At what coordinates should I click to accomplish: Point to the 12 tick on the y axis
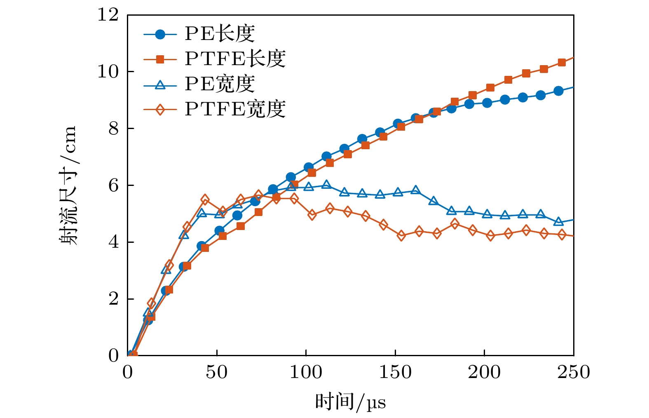[x=108, y=15]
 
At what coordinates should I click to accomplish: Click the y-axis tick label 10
[x=108, y=72]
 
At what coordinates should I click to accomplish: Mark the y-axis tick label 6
[x=113, y=186]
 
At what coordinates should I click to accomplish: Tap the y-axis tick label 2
[x=113, y=299]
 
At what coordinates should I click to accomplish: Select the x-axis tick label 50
[x=217, y=372]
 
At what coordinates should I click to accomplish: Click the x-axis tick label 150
[x=395, y=372]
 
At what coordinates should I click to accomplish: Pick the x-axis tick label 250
[x=573, y=372]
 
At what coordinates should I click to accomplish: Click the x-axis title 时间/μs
[x=350, y=402]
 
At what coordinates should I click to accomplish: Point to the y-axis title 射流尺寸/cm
[x=68, y=186]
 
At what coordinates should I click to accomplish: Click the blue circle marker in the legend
[x=160, y=34]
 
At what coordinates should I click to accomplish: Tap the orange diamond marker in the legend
[x=160, y=110]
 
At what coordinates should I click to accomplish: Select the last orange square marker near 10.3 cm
[x=562, y=63]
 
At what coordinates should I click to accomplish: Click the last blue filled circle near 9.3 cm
[x=558, y=91]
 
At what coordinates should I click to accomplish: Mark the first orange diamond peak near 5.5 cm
[x=205, y=200]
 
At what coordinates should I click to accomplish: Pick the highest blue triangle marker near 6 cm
[x=326, y=184]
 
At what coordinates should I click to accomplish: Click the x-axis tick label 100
[x=306, y=372]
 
